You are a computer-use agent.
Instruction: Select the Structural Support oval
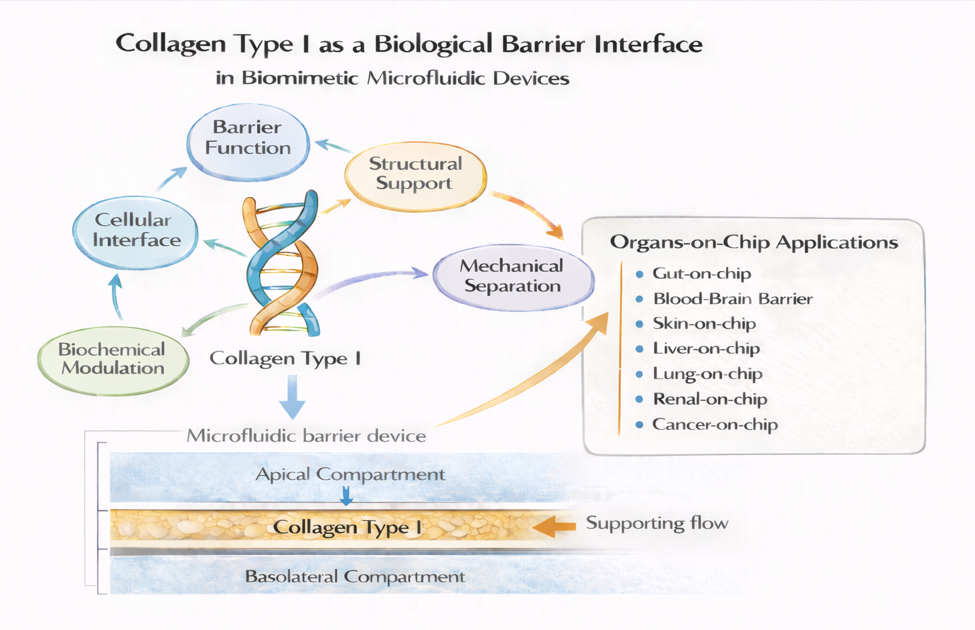[x=415, y=174]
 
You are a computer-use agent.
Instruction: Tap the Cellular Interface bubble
[x=136, y=230]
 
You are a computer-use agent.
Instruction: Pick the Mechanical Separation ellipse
[x=513, y=276]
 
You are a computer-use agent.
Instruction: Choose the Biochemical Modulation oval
[x=112, y=359]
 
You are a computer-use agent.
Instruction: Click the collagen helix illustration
[x=281, y=264]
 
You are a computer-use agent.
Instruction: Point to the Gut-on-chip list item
[x=701, y=274]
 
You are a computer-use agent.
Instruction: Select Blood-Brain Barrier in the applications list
[x=732, y=299]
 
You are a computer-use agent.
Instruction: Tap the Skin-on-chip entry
[x=704, y=324]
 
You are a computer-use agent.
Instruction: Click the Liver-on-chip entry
[x=706, y=349]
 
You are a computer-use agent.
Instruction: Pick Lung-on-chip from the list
[x=707, y=374]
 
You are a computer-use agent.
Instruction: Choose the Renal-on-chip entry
[x=710, y=400]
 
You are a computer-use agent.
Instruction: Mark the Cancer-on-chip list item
[x=715, y=425]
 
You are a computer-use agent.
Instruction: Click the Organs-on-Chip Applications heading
[x=753, y=242]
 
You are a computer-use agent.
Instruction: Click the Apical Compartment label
[x=350, y=475]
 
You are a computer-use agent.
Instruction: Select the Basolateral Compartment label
[x=355, y=577]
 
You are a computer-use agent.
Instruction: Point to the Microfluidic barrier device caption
[x=306, y=437]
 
